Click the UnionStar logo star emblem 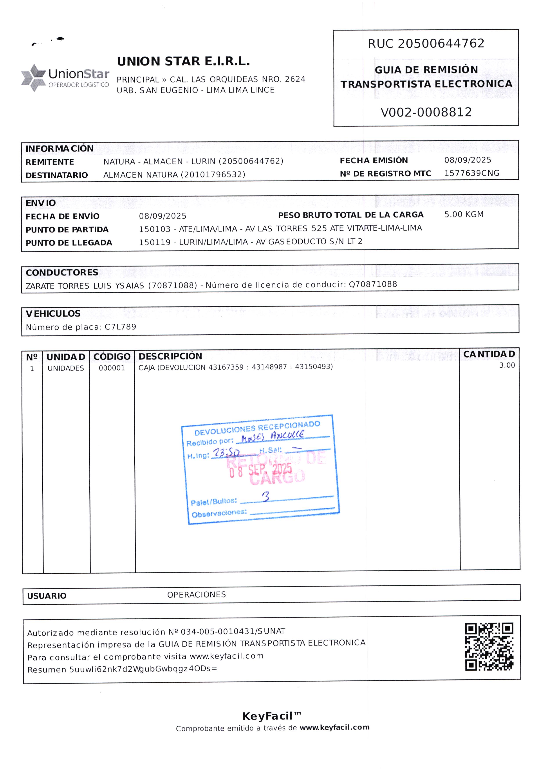pos(33,78)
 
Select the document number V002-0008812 pos(426,112)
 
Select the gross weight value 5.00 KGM pos(464,214)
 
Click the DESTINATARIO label pos(56,175)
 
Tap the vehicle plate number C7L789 pos(120,327)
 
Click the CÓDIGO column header pos(112,357)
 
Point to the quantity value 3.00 pos(507,365)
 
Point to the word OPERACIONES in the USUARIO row pos(196,595)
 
